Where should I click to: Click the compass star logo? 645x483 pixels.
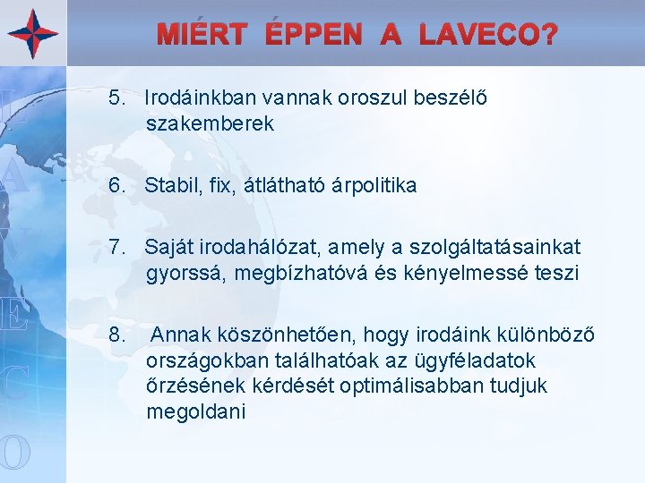point(33,33)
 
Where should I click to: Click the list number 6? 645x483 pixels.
point(116,185)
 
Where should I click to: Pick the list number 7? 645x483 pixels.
point(116,245)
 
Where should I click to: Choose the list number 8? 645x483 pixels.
point(116,335)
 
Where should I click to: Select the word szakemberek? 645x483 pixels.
point(211,124)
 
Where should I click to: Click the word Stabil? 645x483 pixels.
point(171,185)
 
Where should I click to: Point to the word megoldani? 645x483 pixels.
point(196,412)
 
